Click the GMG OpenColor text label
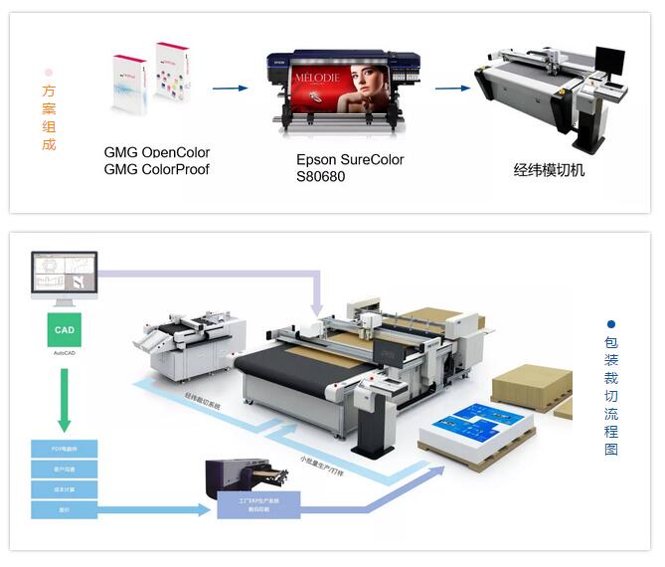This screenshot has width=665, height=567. tap(157, 152)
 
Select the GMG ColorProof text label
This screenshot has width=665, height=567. tap(157, 168)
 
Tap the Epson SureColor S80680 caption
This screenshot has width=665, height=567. tap(350, 167)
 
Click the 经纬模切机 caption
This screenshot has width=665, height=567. tap(549, 170)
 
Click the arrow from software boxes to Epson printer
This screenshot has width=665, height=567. tap(230, 89)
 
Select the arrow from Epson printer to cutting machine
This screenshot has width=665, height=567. tap(451, 88)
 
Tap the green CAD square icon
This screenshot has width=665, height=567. tap(64, 329)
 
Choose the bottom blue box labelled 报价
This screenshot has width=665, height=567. tap(64, 509)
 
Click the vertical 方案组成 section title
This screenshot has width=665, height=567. tap(49, 117)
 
